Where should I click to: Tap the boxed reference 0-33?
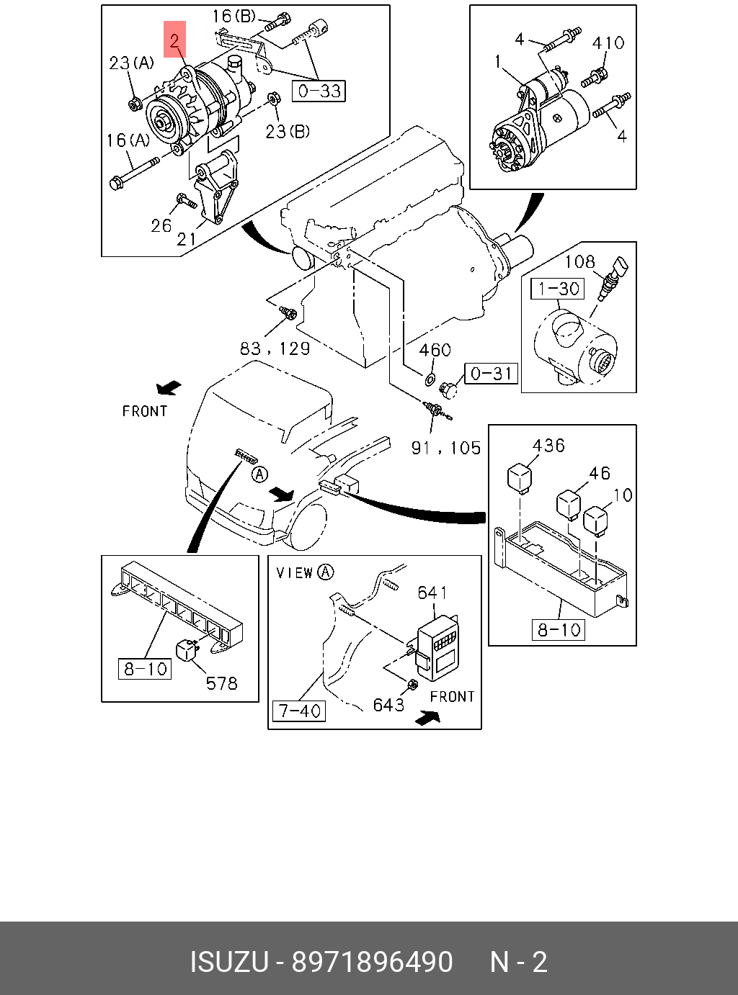coord(319,91)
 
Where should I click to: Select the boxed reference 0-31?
coord(491,373)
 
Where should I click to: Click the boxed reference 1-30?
coord(557,289)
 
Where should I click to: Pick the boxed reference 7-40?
coord(299,711)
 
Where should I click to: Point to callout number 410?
coord(608,43)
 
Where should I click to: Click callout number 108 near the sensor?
coord(579,261)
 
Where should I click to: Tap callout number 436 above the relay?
coord(548,446)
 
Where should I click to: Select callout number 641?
coord(432,593)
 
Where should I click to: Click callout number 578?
coord(221,683)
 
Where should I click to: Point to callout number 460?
coord(435,350)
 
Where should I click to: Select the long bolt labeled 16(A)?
coord(134,174)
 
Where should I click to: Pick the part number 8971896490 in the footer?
coord(373,962)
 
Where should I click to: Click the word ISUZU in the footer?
coord(229,962)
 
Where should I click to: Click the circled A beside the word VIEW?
coord(326,572)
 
